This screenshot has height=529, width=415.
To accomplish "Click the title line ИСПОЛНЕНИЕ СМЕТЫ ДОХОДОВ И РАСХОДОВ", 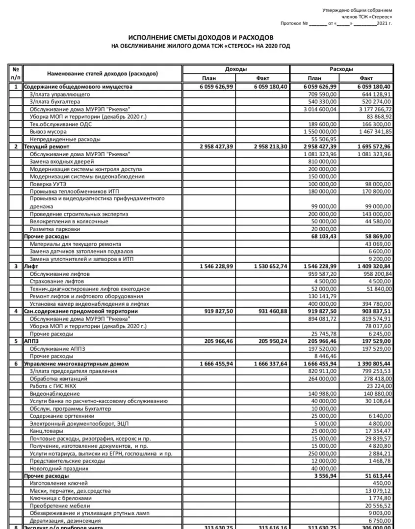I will tap(201, 38).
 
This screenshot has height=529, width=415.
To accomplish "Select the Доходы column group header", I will tap(236, 69).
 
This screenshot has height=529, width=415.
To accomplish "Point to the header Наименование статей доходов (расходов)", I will tap(103, 73).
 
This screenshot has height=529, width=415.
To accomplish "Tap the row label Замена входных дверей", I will tap(61, 162).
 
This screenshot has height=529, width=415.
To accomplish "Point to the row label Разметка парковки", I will tap(55, 229).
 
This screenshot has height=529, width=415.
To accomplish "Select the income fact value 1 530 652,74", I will tap(269, 266).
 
